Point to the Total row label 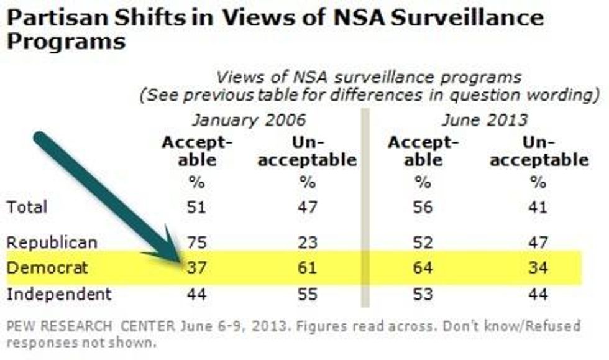coord(27,207)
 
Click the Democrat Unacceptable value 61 coord(307,268)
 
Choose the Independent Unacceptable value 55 coord(307,293)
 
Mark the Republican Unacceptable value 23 coord(307,242)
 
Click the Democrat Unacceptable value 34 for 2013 coord(538,268)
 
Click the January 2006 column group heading coord(249,119)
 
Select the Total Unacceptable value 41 coord(538,207)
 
